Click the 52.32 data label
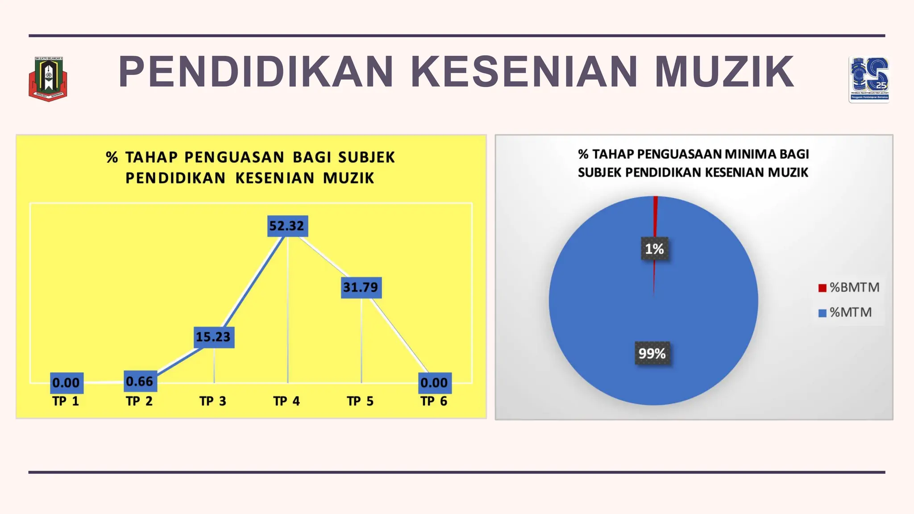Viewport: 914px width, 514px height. (287, 226)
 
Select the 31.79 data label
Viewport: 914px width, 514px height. (361, 287)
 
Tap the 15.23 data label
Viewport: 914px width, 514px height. (213, 337)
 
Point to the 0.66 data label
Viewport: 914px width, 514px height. (140, 381)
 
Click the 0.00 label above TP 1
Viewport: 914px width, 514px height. (66, 383)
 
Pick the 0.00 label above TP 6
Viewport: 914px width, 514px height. (434, 383)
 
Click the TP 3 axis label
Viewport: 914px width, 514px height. (213, 401)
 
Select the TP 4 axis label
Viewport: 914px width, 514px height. (287, 401)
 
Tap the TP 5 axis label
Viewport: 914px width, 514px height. (360, 401)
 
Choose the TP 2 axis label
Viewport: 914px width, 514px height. (139, 401)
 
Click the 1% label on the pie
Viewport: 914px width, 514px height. (654, 249)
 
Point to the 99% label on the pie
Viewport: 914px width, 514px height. (652, 353)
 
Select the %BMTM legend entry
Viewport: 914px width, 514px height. (849, 287)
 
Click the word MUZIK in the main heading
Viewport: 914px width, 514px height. (724, 71)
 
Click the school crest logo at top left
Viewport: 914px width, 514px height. (48, 79)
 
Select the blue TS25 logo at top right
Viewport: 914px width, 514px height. (869, 79)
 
